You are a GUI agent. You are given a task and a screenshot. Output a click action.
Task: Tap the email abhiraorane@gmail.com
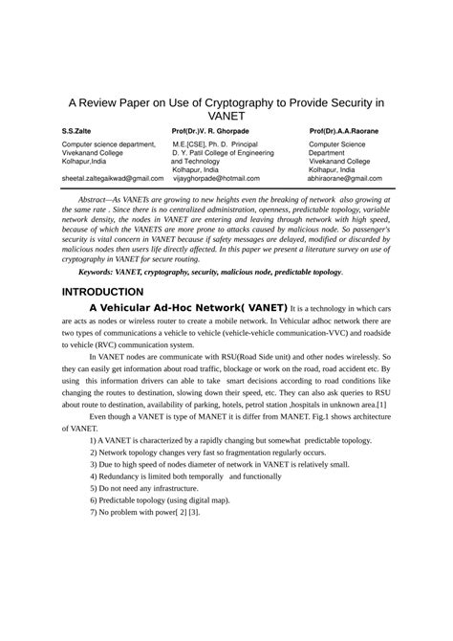pyautogui.click(x=351, y=178)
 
